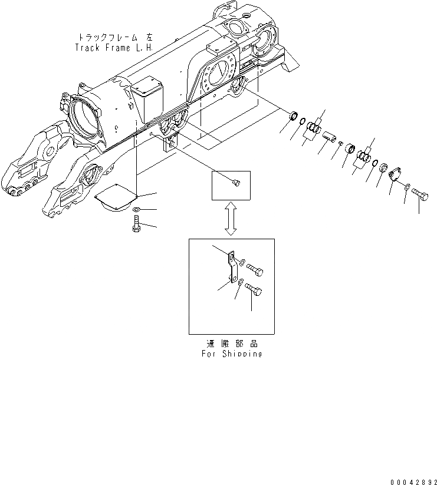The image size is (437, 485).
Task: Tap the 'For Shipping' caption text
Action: [231, 354]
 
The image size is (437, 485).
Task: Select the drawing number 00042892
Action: [411, 481]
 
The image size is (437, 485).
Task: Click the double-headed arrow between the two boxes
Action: [231, 219]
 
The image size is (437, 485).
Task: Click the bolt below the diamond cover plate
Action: [137, 225]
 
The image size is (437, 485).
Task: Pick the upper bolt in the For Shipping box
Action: [255, 269]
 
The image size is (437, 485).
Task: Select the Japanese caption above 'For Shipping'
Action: [231, 344]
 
